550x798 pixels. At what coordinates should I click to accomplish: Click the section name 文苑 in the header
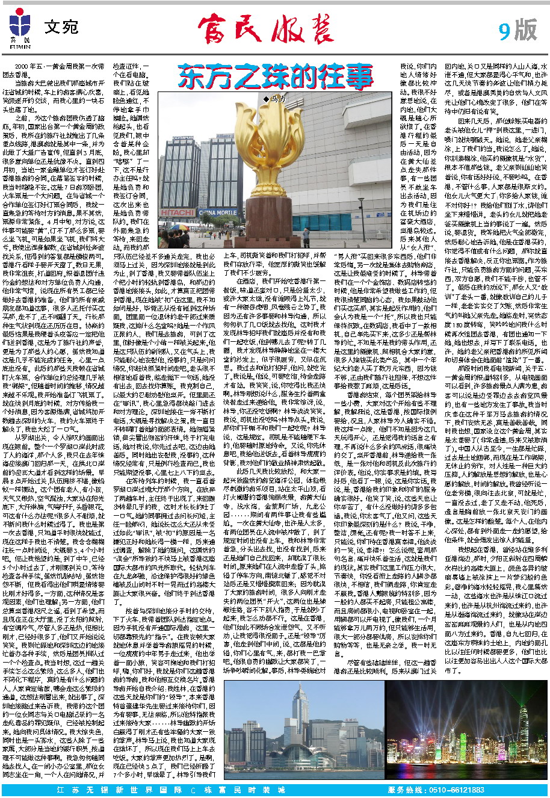61,27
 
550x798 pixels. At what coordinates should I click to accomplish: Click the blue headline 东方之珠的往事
275,76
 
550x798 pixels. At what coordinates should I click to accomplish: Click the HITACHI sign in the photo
177,213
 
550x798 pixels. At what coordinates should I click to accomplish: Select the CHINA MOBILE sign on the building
218,212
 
